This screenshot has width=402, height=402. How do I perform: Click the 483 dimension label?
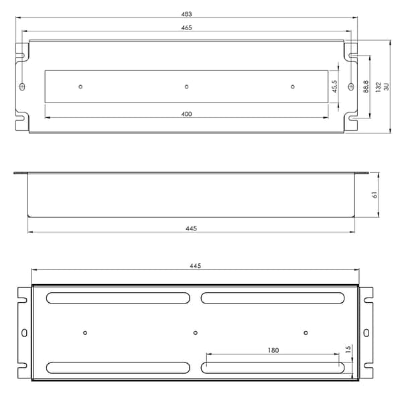pos(186,14)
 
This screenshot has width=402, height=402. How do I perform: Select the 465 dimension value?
pos(186,27)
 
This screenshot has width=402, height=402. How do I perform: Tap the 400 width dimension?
pos(186,114)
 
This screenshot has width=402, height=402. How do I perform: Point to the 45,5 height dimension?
pos(334,86)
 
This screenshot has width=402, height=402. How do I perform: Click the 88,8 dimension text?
pos(366,86)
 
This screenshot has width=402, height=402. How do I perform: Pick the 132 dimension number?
pos(378,87)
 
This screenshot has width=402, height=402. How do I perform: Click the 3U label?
pos(387,86)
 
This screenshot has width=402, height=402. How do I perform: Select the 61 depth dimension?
pos(375,195)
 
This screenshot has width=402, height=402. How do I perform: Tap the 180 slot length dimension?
pos(273,350)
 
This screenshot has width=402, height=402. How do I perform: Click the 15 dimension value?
pos(348,349)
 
